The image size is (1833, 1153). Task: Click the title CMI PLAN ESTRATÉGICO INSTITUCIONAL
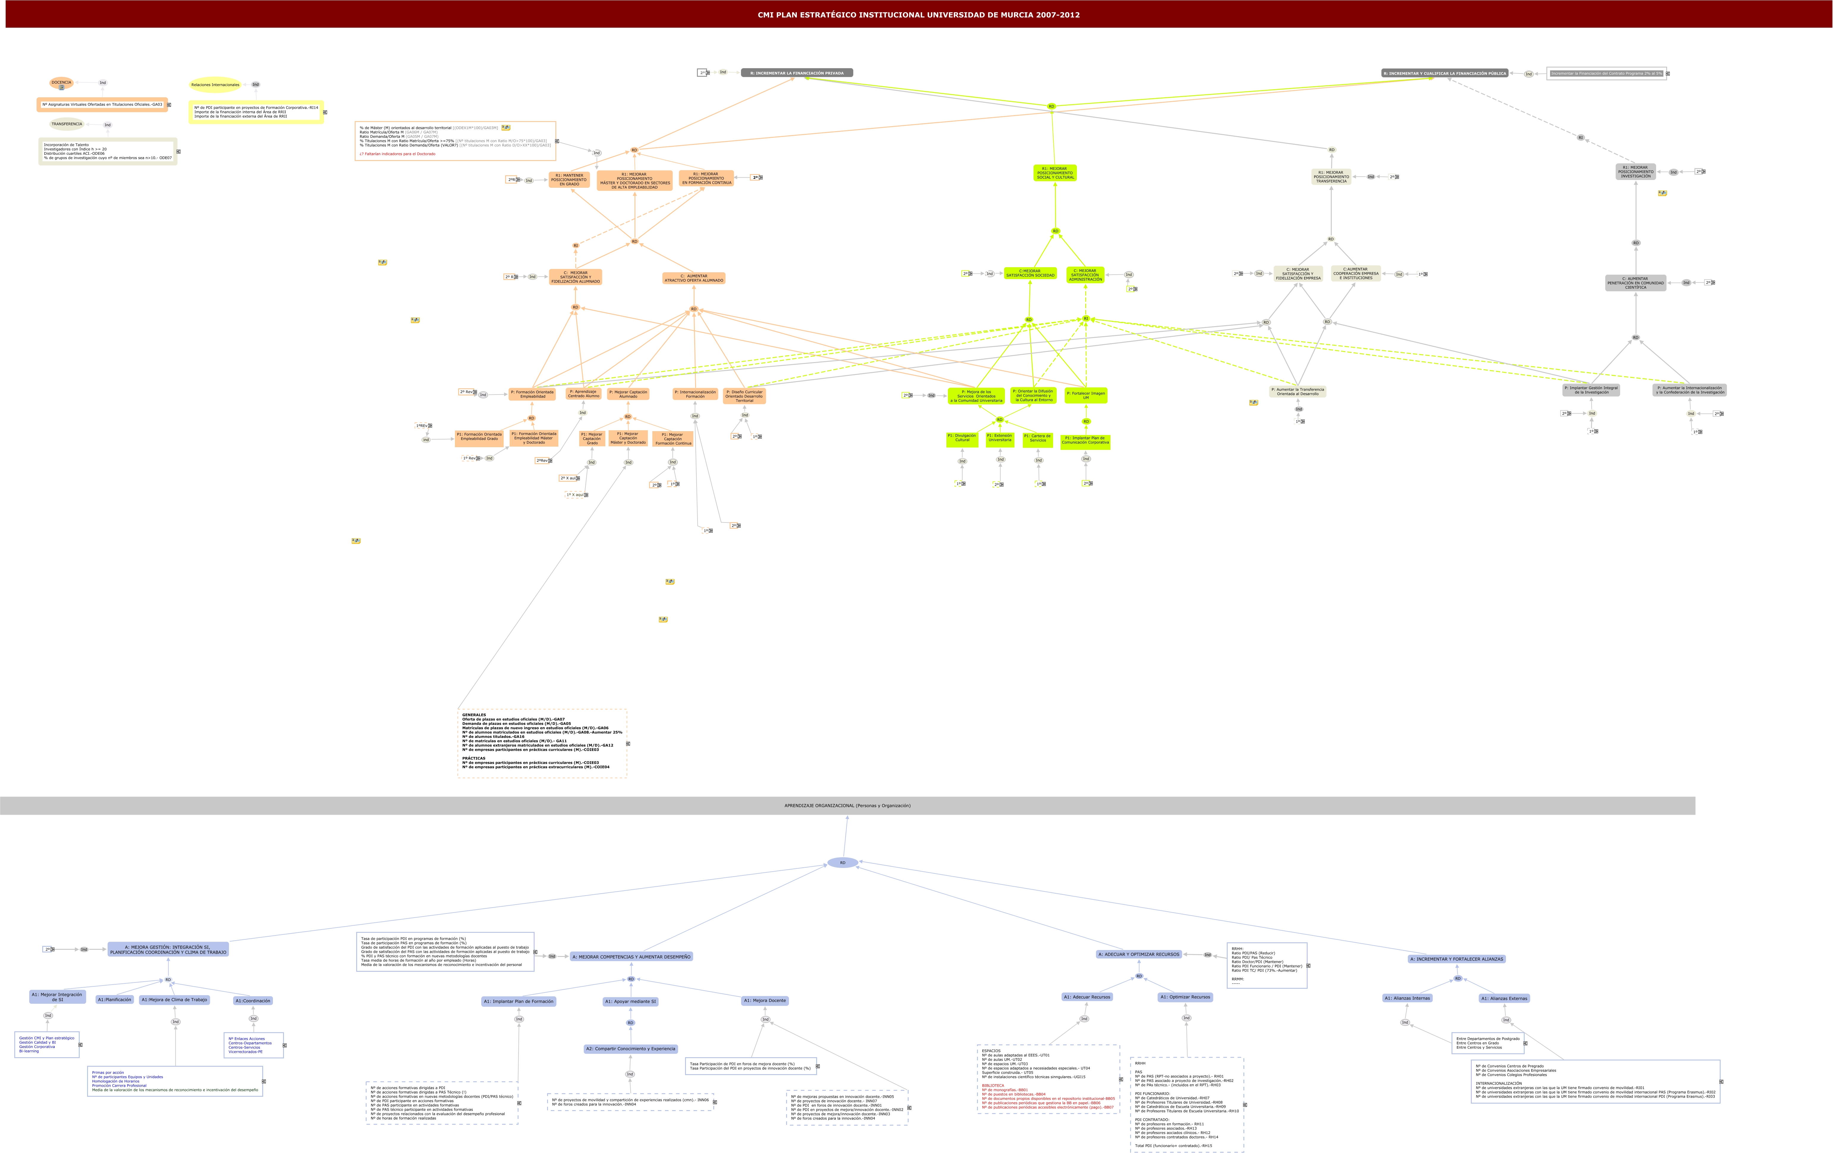[x=918, y=15]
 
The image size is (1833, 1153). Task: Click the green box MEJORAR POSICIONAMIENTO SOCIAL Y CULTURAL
[x=1055, y=173]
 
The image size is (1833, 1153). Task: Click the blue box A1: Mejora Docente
[x=765, y=1001]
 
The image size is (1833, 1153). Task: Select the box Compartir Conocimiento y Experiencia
[x=630, y=1049]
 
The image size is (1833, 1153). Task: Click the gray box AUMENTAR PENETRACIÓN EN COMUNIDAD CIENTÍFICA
[x=1635, y=283]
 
